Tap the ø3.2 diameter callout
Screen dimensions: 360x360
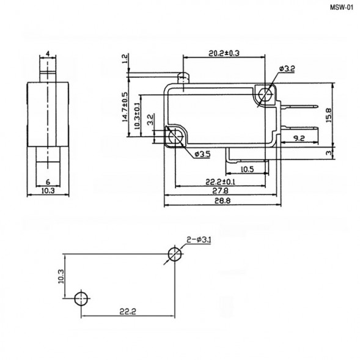click(x=287, y=70)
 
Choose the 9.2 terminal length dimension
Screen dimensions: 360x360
click(x=299, y=139)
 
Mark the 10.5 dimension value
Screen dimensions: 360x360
click(x=247, y=168)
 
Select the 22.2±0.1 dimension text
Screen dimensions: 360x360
click(x=221, y=182)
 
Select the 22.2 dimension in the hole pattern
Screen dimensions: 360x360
click(x=126, y=311)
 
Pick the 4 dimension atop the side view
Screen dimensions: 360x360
click(x=47, y=53)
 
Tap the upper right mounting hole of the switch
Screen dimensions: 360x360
click(x=265, y=94)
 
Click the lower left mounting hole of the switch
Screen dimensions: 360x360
click(x=175, y=138)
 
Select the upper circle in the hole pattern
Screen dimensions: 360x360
click(x=175, y=254)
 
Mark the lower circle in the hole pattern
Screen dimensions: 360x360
click(x=80, y=298)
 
